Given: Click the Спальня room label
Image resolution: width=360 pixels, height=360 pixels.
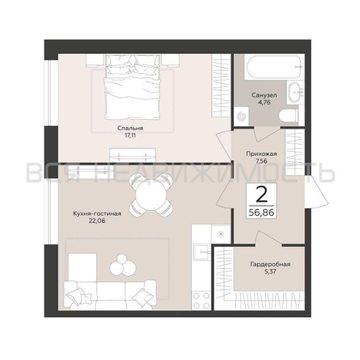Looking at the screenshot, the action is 130,129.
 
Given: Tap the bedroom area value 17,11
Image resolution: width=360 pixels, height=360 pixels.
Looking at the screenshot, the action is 130,135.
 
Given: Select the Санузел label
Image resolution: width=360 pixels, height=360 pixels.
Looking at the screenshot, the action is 264,95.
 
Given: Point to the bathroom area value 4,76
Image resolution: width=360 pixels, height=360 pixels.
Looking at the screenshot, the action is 265,102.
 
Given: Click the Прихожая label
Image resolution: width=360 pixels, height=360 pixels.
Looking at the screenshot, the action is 261,154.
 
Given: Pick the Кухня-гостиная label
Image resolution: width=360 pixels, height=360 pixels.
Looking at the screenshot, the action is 97,213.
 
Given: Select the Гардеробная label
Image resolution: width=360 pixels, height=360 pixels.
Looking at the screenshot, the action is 270,264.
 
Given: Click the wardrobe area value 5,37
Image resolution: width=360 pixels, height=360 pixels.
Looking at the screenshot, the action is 270,272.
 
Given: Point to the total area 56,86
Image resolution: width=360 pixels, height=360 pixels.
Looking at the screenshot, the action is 261,212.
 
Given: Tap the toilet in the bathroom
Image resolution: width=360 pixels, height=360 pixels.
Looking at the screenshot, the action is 289,116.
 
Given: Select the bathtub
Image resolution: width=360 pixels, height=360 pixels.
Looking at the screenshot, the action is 273,67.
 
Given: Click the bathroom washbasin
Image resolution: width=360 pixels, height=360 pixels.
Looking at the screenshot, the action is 294,92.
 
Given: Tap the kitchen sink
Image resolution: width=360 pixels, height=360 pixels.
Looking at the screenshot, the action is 201,252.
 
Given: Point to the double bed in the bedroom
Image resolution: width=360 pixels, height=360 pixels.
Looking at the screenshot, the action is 132,87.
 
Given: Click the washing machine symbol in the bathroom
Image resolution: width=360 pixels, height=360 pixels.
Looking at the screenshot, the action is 242,117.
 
